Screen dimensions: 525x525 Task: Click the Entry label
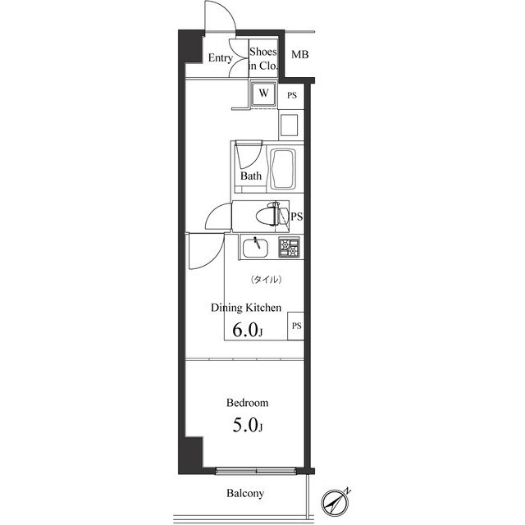219,58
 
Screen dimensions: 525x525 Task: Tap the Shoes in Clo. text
264,58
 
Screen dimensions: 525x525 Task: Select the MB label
300,55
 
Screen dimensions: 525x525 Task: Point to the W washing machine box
263,94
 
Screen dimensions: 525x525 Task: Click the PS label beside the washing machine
292,95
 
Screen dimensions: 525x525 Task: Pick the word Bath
251,176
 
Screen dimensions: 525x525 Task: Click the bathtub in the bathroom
282,168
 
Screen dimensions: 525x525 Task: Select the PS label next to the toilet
297,217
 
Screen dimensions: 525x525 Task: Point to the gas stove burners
290,245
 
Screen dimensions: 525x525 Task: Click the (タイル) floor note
266,280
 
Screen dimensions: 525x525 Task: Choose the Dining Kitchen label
246,308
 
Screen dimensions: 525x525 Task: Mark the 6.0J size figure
248,331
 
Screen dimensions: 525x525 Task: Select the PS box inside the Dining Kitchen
296,326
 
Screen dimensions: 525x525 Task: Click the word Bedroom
248,404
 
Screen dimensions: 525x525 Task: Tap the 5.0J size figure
247,426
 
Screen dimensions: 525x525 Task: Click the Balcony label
245,494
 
